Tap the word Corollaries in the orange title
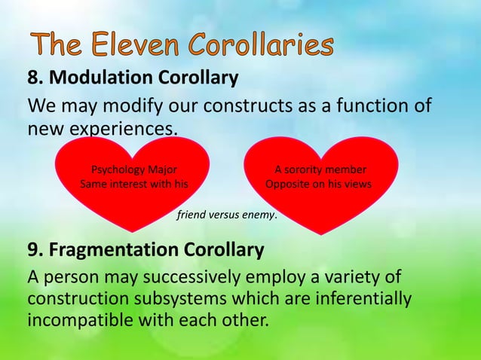click(x=261, y=46)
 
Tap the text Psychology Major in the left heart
click(x=134, y=169)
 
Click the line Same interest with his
click(x=134, y=184)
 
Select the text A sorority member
click(x=320, y=169)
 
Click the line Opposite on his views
click(x=318, y=184)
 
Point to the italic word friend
click(x=191, y=215)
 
